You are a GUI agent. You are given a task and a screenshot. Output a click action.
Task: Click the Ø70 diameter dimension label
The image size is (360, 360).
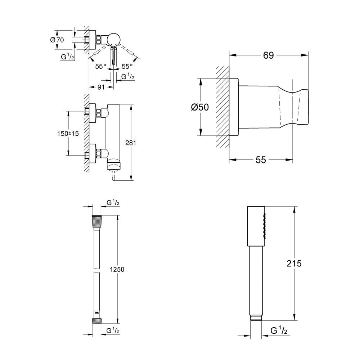click(x=57, y=40)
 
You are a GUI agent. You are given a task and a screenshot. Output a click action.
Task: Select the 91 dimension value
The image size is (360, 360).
click(x=101, y=87)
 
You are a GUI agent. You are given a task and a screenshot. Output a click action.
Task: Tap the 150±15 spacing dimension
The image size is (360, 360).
click(x=68, y=133)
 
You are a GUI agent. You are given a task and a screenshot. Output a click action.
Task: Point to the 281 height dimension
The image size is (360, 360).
click(x=131, y=143)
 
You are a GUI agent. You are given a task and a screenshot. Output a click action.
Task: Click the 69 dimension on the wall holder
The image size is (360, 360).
click(x=269, y=55)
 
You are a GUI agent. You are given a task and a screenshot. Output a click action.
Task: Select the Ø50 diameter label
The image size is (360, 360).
click(x=200, y=107)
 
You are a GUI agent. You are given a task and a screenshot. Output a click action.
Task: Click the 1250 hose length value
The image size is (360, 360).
click(x=117, y=270)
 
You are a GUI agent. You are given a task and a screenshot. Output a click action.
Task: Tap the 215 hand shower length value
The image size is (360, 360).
click(x=294, y=263)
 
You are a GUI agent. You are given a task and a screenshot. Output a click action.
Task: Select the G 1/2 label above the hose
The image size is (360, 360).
click(x=113, y=203)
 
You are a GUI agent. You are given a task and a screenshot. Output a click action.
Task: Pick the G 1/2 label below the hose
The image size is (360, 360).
click(x=113, y=330)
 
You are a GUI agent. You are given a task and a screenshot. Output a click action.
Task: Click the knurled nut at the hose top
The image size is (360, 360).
click(x=97, y=220)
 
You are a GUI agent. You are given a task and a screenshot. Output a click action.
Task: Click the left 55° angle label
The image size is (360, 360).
click(x=101, y=66)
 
